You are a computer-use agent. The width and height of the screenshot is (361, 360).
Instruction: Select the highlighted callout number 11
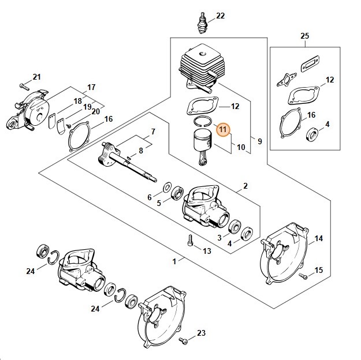(224, 130)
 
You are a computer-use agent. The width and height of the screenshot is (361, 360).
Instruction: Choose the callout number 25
(305, 36)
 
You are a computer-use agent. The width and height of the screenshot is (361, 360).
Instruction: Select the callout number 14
(319, 238)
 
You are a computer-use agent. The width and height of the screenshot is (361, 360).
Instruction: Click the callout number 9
(259, 141)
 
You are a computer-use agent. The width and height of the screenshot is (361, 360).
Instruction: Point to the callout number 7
(152, 132)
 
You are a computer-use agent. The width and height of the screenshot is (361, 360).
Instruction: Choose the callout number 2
(245, 186)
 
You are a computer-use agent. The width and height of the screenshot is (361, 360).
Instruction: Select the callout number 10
(241, 148)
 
